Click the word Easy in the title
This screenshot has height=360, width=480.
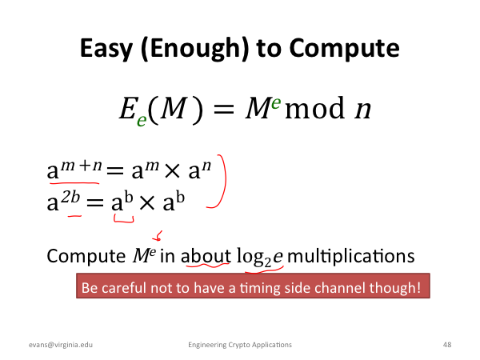(x=106, y=48)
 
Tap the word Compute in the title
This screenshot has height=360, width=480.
(x=344, y=48)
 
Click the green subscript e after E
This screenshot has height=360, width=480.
(x=142, y=120)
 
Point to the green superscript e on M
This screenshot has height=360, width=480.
(x=275, y=102)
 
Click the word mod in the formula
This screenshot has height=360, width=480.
(x=314, y=109)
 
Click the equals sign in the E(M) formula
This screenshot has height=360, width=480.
(x=224, y=110)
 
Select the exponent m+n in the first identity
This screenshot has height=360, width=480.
(x=81, y=166)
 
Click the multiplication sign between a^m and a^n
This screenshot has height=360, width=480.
(x=172, y=172)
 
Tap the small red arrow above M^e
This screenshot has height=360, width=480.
(x=158, y=236)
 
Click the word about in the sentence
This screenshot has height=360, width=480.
(x=206, y=256)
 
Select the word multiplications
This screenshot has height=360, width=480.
(x=351, y=256)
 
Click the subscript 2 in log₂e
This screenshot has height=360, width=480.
(x=267, y=263)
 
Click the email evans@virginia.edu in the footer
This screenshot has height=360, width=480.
(x=61, y=345)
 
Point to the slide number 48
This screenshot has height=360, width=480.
(x=447, y=345)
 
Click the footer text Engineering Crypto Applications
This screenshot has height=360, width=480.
(x=240, y=345)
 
